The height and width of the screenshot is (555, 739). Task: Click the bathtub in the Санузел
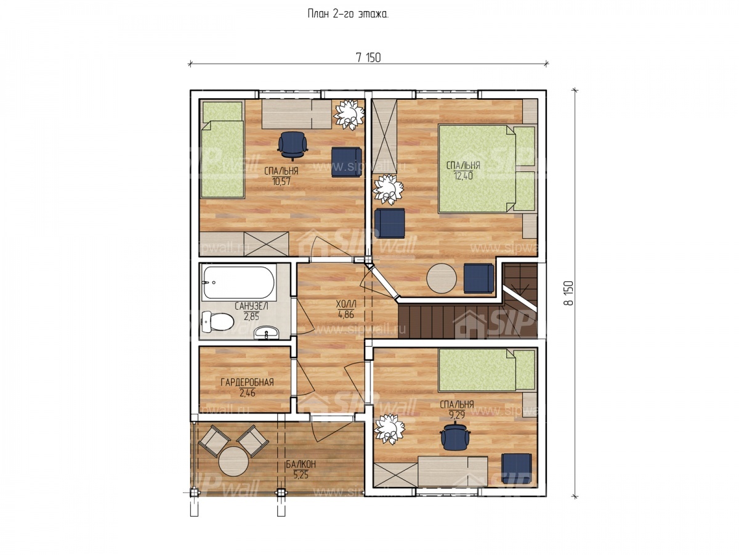point(238,282)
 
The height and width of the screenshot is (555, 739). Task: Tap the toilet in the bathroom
point(217,321)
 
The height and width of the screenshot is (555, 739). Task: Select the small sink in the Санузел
point(266,332)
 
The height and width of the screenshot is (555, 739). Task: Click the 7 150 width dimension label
point(368,58)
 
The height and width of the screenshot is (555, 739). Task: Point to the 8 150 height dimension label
point(568,293)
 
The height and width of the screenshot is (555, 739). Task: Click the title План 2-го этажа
point(348,14)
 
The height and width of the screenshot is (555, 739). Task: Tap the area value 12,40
point(463,176)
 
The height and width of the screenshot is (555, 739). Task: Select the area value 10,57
point(281,182)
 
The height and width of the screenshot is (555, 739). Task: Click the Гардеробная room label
point(247,382)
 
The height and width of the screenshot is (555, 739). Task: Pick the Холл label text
point(345,304)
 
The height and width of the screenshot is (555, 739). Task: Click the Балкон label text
point(301,464)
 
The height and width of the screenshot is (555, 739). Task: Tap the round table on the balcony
point(233,461)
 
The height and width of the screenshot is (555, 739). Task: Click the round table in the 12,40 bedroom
point(442,278)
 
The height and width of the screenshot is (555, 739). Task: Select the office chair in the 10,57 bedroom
point(293,146)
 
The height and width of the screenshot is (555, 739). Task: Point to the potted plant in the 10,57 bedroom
point(349,115)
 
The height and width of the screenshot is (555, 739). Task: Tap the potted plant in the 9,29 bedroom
point(390,429)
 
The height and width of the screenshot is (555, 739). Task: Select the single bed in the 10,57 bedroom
point(222,150)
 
